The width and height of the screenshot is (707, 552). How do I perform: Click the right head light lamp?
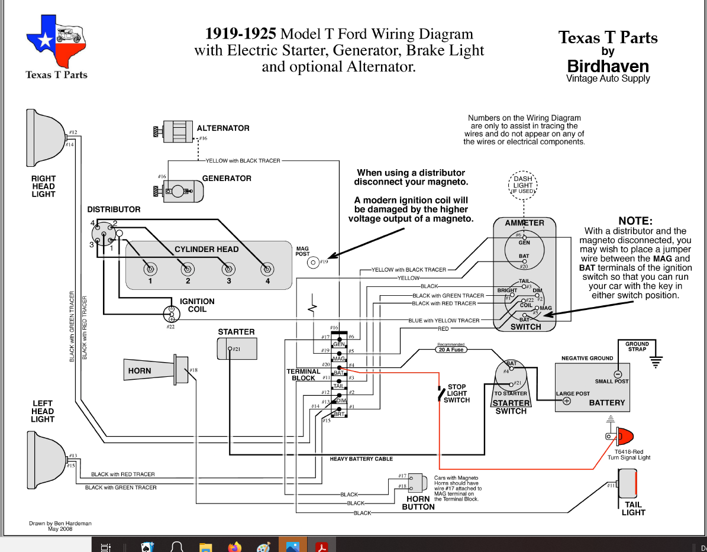pyautogui.click(x=44, y=138)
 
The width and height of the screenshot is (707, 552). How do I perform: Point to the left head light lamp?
pyautogui.click(x=45, y=460)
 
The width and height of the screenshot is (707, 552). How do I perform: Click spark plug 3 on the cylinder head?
pyautogui.click(x=227, y=269)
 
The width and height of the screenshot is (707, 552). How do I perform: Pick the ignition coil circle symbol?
pyautogui.click(x=172, y=314)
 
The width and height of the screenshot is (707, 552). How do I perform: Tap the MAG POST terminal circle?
pyautogui.click(x=314, y=262)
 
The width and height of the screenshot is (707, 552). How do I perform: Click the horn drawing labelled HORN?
pyautogui.click(x=155, y=370)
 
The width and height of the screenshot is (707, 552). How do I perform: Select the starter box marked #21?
pyautogui.click(x=238, y=349)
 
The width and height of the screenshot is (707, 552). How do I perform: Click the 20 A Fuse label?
pyautogui.click(x=451, y=350)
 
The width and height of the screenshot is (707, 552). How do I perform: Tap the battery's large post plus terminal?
pyautogui.click(x=566, y=401)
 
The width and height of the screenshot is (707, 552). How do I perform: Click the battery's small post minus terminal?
pyautogui.click(x=618, y=374)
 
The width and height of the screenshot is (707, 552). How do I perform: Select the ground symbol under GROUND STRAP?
pyautogui.click(x=655, y=360)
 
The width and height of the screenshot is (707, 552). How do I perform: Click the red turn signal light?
pyautogui.click(x=624, y=437)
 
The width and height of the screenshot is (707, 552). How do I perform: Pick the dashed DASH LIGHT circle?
pyautogui.click(x=523, y=185)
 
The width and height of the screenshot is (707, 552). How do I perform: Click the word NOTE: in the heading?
pyautogui.click(x=635, y=221)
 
